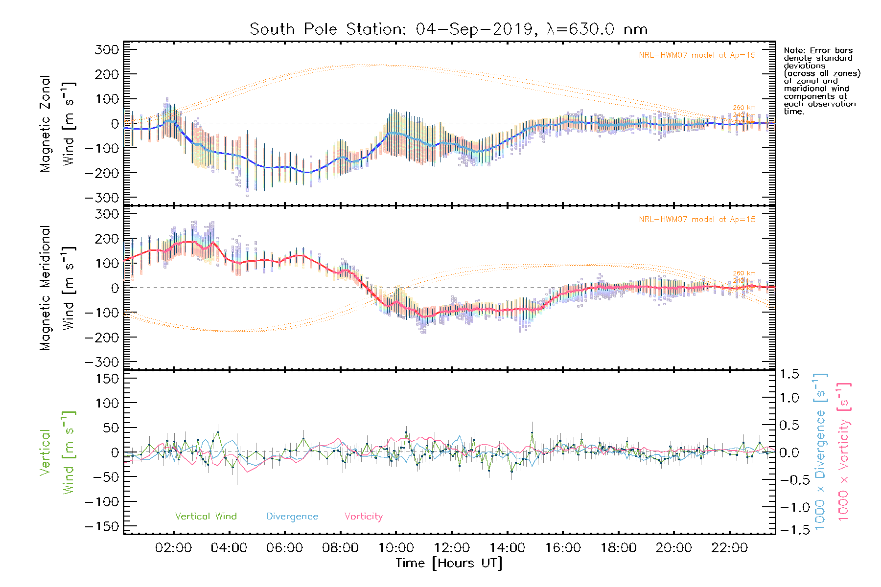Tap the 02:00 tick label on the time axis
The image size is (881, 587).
tap(173, 548)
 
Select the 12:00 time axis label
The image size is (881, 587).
tap(452, 548)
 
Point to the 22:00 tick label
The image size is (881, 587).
tap(729, 548)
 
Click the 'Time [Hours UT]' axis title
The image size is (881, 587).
tap(449, 563)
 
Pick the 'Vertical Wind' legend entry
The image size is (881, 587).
tap(206, 516)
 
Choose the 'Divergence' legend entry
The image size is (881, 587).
tap(292, 516)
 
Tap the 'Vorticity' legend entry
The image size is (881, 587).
tap(363, 516)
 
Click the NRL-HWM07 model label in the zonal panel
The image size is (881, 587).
tap(697, 55)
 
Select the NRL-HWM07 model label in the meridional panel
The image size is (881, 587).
tap(697, 219)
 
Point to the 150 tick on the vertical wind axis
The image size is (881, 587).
tap(108, 379)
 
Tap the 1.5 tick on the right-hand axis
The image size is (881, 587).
tap(789, 374)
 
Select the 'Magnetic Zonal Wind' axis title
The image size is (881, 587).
tap(58, 123)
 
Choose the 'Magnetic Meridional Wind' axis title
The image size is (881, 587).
tap(58, 288)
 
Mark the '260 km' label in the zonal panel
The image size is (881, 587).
tap(744, 108)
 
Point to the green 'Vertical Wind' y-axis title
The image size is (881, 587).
tap(58, 452)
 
